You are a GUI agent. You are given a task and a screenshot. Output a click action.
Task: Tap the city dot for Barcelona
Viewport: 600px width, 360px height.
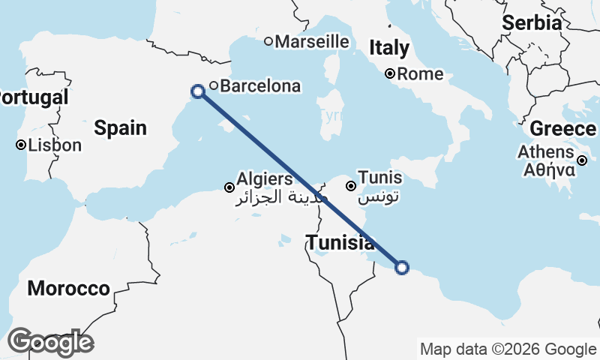click(x=214, y=85)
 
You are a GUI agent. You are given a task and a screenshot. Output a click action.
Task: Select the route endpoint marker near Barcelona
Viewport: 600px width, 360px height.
click(x=198, y=91)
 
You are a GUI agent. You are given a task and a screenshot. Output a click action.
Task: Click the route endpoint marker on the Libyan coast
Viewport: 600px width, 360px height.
click(x=402, y=267)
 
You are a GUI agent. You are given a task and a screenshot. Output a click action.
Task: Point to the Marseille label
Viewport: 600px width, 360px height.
click(x=312, y=41)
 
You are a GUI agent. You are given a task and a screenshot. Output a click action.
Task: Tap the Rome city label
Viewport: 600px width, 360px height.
click(x=420, y=74)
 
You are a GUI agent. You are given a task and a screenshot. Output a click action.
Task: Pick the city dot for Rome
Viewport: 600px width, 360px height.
click(x=390, y=73)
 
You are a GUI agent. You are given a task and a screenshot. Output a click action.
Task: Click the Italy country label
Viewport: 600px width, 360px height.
click(x=389, y=49)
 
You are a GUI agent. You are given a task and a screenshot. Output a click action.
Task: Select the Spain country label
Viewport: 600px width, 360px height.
click(x=120, y=128)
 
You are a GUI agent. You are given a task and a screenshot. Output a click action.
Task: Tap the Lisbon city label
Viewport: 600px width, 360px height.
click(x=54, y=145)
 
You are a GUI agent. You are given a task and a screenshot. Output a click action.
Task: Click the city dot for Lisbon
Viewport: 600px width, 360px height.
click(x=21, y=145)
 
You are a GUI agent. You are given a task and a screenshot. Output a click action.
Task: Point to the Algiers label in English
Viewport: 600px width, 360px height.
click(x=264, y=179)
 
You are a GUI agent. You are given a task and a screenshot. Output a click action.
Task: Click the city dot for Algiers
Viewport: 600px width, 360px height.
click(x=229, y=187)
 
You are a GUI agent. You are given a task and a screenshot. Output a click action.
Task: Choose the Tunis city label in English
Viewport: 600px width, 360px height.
click(x=380, y=178)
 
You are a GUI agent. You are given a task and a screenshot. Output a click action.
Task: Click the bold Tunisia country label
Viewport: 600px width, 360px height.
click(x=340, y=242)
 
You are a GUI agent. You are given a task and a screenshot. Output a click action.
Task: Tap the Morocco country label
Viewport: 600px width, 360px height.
click(x=68, y=289)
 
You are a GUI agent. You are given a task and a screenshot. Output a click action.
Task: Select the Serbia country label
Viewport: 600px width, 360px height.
click(x=532, y=23)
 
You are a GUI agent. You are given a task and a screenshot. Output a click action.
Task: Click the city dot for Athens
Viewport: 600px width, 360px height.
click(x=582, y=160)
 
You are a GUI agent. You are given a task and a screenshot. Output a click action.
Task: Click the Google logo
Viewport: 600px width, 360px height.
click(x=50, y=342)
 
